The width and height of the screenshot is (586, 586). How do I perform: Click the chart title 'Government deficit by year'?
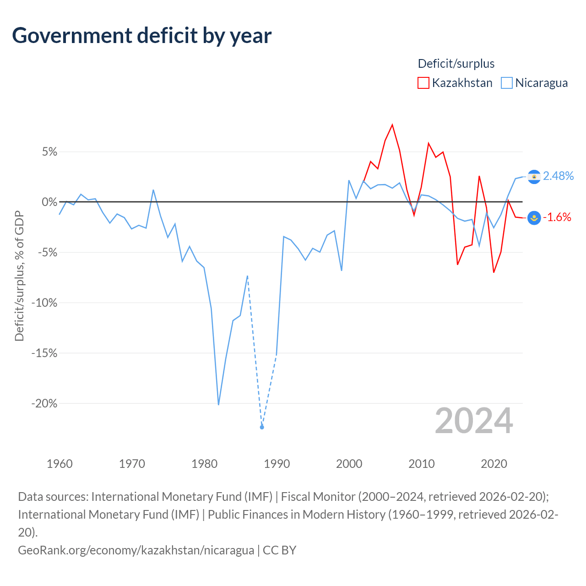pos(141,36)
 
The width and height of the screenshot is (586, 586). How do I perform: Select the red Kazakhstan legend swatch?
pos(423,83)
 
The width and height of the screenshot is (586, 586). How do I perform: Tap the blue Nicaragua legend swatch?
pos(506,83)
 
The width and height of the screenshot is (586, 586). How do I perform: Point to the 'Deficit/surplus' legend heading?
pos(456,64)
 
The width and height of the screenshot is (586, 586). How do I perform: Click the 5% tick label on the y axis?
pos(49,152)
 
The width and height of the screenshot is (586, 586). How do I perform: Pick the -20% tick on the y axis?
pos(44,403)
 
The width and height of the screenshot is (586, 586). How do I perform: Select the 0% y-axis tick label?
pos(49,201)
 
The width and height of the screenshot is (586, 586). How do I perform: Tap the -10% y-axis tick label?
pos(44,303)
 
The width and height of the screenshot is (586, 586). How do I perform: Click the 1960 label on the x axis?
pos(60,464)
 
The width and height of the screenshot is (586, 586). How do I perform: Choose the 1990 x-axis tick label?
pos(277,464)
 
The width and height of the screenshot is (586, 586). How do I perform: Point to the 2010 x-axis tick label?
pos(422,464)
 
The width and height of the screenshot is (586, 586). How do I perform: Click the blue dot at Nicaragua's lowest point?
pos(262,427)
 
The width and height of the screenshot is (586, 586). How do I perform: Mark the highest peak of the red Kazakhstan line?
pos(392,125)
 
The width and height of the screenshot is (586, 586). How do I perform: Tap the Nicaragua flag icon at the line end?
pos(534,177)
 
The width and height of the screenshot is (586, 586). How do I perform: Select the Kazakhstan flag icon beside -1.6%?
pos(534,218)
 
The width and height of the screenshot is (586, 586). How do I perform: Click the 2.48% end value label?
pos(559,176)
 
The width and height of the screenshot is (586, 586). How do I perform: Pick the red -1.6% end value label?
pos(557,217)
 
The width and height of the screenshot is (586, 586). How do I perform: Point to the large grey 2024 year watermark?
pos(474,421)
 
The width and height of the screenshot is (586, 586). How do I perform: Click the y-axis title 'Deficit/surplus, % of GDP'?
pos(19,276)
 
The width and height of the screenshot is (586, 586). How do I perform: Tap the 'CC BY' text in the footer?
pos(279,550)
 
